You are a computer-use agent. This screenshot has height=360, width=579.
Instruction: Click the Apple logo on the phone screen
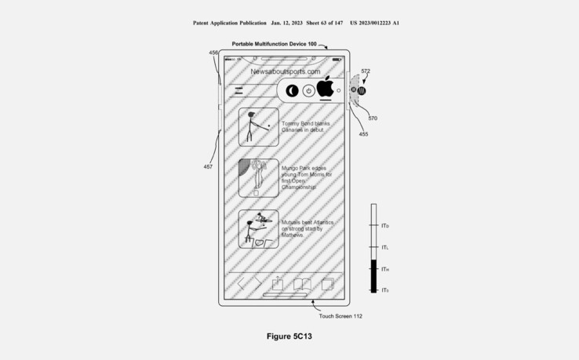[326, 87]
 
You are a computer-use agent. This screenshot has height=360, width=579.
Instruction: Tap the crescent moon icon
[292, 91]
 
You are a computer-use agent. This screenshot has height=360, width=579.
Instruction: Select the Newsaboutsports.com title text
[285, 71]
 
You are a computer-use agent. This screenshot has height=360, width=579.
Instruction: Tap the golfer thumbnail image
[258, 126]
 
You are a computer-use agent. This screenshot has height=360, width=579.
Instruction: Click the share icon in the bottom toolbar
[277, 284]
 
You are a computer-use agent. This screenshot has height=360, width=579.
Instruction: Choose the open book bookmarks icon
[303, 284]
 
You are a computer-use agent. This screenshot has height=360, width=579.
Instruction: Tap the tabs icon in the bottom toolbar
[329, 284]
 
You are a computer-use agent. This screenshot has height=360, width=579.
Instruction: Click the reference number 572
[366, 71]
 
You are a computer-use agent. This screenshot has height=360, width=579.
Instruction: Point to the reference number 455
[363, 134]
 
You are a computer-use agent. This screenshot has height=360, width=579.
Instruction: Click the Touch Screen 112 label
[340, 316]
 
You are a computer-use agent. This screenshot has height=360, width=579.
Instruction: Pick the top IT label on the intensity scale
[385, 226]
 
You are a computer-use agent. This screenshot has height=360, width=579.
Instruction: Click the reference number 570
[373, 118]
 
